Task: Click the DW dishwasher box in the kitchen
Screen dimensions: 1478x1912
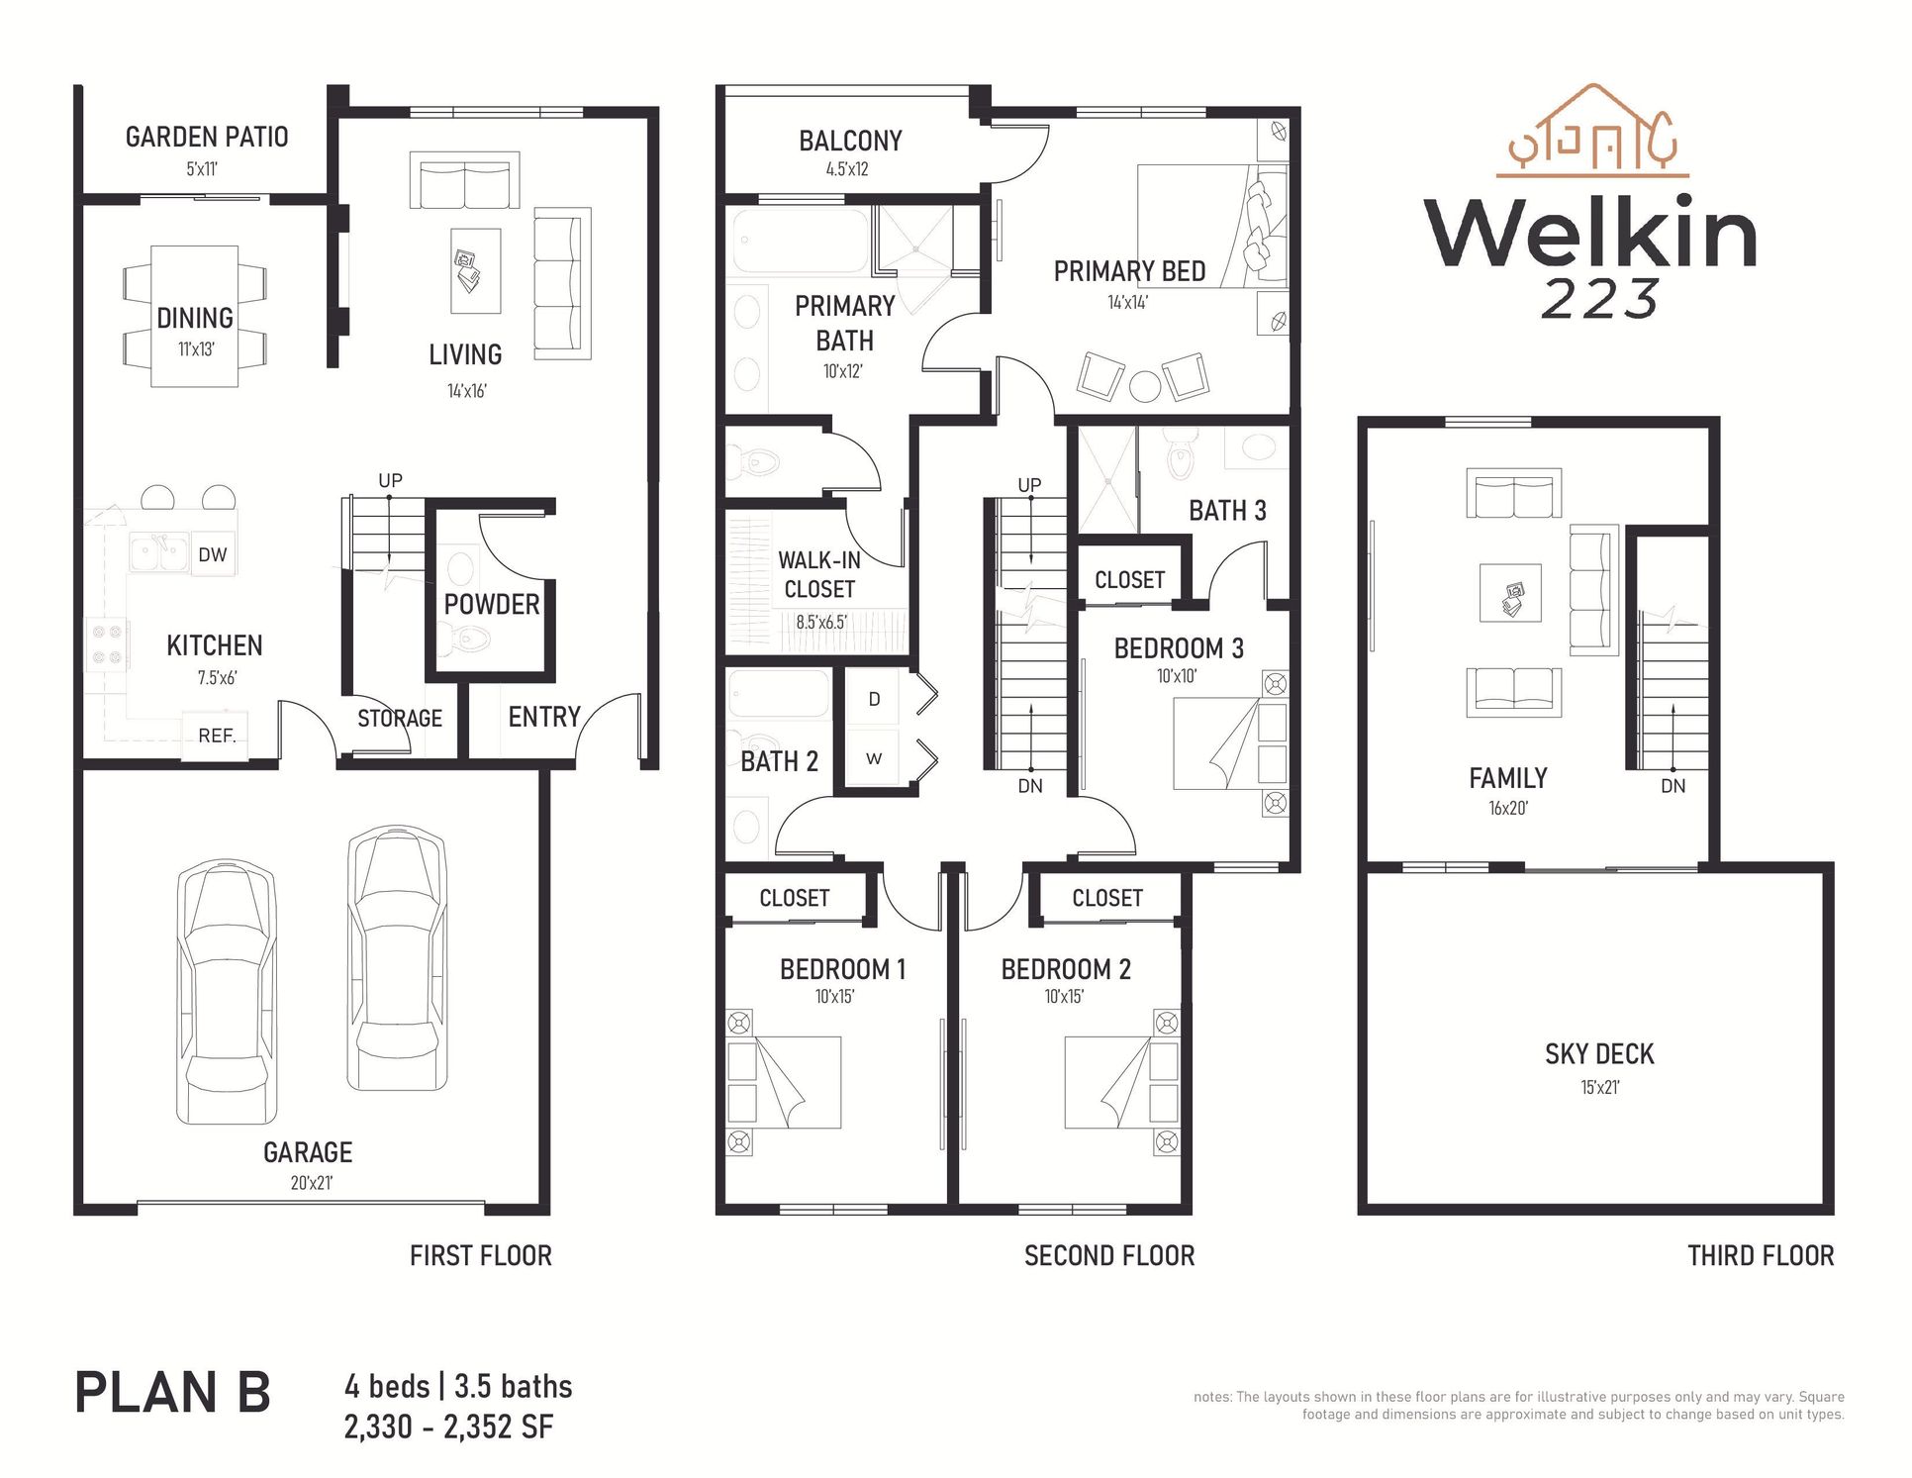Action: pyautogui.click(x=213, y=555)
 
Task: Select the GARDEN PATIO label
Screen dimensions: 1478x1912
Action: pyautogui.click(x=207, y=138)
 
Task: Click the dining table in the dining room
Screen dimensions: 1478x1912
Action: pyautogui.click(x=195, y=317)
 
